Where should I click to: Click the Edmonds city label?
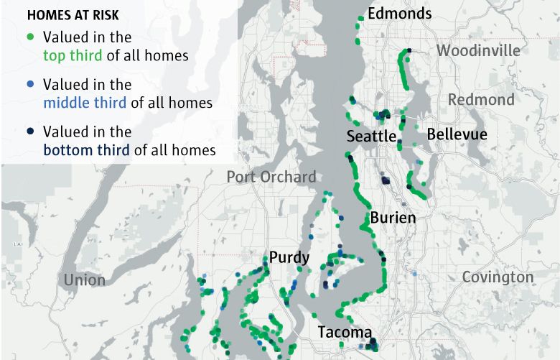coord(399,14)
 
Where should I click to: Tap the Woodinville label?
coord(478,51)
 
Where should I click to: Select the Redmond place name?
coord(481,99)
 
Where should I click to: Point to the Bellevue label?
coord(457,134)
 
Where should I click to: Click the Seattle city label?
coord(370,137)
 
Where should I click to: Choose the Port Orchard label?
coord(271,177)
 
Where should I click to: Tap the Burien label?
coord(393,217)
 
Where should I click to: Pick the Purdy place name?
coord(289,258)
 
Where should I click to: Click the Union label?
coord(84,280)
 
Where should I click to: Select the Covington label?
coord(498,277)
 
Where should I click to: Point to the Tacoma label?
coord(345,333)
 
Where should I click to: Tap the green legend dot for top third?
coord(29,37)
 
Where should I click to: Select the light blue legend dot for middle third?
coord(29,85)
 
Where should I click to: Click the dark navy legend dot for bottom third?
coord(29,132)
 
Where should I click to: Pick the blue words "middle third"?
coord(85,103)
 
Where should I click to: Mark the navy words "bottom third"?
coord(86,150)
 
